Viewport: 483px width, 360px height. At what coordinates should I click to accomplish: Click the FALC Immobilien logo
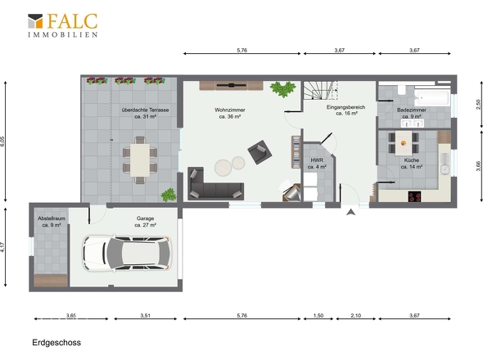63,25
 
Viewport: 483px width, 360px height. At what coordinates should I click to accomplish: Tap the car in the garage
127,254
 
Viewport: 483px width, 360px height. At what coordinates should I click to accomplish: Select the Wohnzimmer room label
230,110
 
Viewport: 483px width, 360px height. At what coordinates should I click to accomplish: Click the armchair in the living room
260,152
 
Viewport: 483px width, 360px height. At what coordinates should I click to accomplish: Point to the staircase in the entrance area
321,90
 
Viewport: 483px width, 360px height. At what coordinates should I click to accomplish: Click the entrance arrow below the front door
350,212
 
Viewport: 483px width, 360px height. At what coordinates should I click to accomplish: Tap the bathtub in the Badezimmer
432,97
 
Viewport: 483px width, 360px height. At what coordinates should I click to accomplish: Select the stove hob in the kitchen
414,196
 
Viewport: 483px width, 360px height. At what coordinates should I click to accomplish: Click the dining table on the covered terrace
140,160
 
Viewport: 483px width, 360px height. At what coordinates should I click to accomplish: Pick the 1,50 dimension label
318,315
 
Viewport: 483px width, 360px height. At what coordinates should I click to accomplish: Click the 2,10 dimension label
356,315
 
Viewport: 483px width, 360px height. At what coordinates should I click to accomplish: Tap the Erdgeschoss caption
56,343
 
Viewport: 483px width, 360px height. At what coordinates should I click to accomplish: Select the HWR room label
317,160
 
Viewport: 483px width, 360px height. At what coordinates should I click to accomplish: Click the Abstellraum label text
52,218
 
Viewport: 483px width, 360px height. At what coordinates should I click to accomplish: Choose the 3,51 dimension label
145,315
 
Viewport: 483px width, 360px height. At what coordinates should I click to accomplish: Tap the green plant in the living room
282,89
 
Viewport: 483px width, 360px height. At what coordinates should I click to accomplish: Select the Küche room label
412,160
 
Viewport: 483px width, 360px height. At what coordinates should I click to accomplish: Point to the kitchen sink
445,169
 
